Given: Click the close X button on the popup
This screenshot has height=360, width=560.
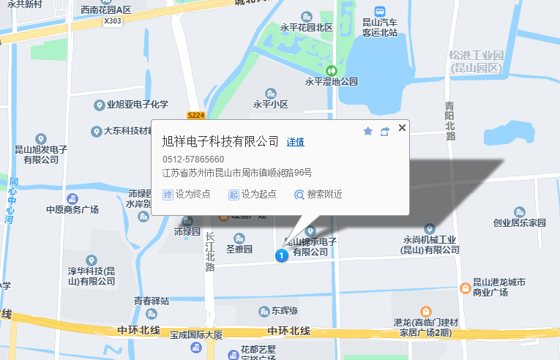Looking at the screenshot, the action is (401, 128).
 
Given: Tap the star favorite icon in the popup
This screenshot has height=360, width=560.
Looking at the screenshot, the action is (367, 131).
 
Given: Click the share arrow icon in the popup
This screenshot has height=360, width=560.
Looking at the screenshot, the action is (384, 132).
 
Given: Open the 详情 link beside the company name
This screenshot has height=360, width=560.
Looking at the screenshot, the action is (296, 142).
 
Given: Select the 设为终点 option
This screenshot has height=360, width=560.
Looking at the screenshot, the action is (187, 195).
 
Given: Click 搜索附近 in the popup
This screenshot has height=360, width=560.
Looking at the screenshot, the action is (318, 195).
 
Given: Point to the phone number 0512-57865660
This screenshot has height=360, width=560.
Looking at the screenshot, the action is (193, 160).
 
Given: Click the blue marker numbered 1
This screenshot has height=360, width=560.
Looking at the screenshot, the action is (280, 255).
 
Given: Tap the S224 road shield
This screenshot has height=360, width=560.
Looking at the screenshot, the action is (195, 116).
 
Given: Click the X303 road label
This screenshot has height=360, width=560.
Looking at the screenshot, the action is (113, 21).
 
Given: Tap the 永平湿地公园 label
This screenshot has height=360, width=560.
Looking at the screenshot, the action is (332, 82).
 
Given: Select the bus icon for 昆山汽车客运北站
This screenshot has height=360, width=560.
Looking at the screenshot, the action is (380, 12).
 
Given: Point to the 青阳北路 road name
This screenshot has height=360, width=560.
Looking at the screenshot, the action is (450, 121).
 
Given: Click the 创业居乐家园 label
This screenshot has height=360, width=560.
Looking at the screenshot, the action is (519, 222).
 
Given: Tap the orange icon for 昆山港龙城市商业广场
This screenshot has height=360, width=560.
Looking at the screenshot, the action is (465, 288).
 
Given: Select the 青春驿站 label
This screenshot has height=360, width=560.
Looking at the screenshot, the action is (152, 301).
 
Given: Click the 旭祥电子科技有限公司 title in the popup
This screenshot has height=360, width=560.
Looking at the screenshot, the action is (220, 142).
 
